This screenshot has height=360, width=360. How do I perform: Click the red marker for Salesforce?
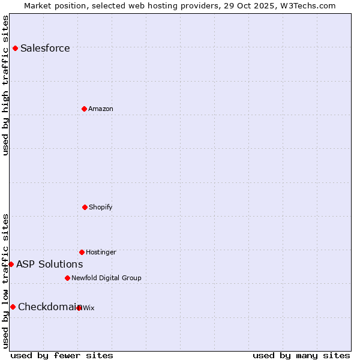tap(15, 48)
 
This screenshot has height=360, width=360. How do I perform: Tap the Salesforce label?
tap(45, 49)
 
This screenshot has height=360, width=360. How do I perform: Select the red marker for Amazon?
tap(84, 109)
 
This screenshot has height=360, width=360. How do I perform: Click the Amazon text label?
tap(101, 109)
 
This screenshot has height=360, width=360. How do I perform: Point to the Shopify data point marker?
tap(85, 207)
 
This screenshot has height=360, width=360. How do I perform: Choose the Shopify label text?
tap(101, 208)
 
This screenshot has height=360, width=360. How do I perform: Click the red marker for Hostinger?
tap(82, 252)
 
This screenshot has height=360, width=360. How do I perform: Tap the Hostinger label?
tap(101, 253)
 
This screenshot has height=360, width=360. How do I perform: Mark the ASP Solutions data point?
tap(11, 264)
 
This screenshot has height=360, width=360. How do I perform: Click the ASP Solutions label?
tap(49, 265)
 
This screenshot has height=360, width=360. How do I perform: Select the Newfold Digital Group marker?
tap(67, 278)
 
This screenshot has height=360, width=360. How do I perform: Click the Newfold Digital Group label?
tap(106, 278)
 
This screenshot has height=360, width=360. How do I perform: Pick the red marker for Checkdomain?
tap(13, 307)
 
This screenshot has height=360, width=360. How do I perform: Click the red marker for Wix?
tap(79, 308)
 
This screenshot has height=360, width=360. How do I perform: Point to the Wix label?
tap(89, 308)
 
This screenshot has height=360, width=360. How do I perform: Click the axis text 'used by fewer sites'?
tap(62, 355)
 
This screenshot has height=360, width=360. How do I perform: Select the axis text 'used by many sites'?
tap(301, 355)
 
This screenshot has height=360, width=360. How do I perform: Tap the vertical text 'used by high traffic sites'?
tap(6, 85)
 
